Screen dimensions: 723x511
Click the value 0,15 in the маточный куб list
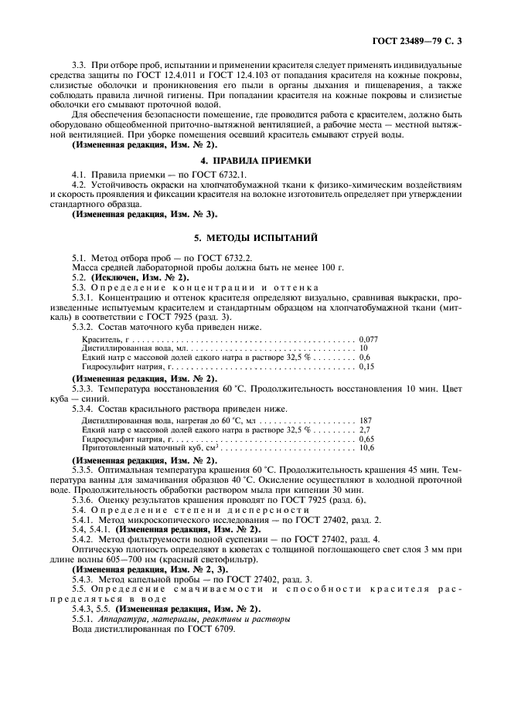(366, 368)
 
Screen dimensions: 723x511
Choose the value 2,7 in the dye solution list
(365, 429)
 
